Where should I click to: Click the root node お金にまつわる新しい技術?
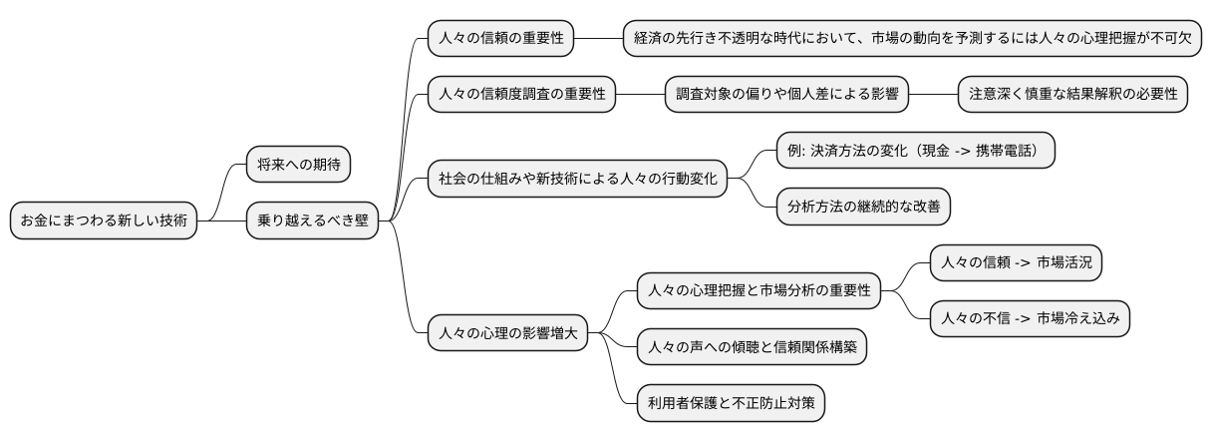coord(103,221)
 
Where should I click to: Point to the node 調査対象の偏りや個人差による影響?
coord(787,95)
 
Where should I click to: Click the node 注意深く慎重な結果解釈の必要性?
coord(1072,95)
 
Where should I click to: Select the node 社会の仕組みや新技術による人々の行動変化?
coord(578,180)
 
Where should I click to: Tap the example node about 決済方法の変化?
coord(915,152)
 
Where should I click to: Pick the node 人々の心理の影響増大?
coord(507,334)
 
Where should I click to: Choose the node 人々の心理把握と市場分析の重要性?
coord(758,291)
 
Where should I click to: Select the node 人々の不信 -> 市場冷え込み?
coord(1030,319)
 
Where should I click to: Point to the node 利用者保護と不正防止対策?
coord(731,404)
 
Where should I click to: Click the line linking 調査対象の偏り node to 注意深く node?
coord(933,95)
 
